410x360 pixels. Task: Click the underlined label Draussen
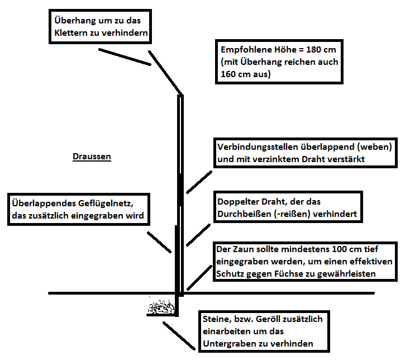92,157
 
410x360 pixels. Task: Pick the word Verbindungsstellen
258,147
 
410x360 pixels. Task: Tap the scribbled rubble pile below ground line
161,307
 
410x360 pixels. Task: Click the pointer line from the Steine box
179,336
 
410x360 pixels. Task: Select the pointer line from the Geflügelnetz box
159,242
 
